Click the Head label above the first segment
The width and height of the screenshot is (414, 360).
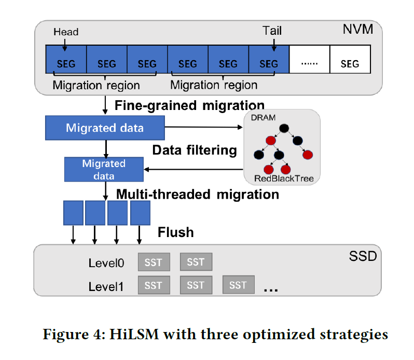66,32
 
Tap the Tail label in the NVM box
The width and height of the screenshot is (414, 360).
272,31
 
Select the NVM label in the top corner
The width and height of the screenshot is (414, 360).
357,29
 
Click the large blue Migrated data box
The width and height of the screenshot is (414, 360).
104,128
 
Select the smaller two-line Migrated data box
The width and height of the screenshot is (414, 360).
104,169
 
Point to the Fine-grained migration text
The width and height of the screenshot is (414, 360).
189,105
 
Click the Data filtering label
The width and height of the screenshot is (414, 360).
194,150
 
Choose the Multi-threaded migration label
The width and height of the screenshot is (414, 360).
197,195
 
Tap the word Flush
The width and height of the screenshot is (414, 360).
175,232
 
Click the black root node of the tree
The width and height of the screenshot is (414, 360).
283,128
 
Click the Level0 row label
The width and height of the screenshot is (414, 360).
106,263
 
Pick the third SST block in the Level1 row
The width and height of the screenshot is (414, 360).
238,285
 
